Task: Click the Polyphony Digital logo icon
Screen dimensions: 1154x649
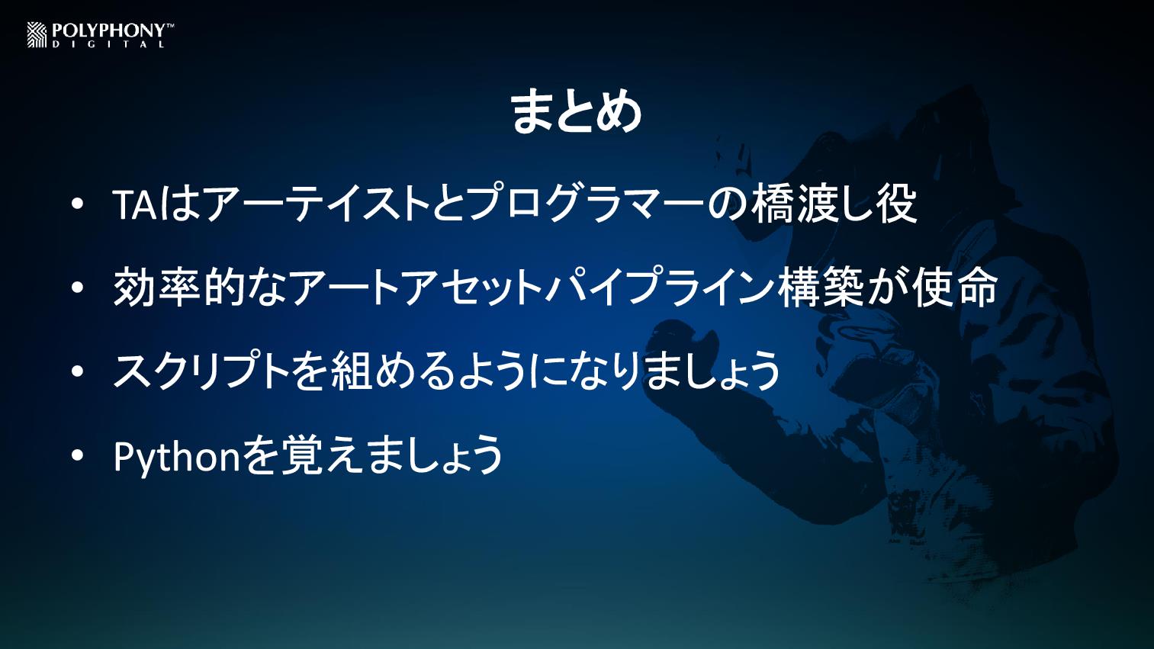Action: point(37,35)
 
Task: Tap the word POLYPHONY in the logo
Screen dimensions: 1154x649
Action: point(108,31)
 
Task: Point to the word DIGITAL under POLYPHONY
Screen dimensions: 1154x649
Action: point(108,44)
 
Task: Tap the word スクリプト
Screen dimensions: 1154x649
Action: point(199,371)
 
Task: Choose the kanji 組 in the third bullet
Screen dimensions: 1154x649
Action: point(352,371)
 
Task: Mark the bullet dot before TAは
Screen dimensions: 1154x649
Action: point(77,204)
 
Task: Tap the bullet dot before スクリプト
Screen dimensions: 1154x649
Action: point(77,371)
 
